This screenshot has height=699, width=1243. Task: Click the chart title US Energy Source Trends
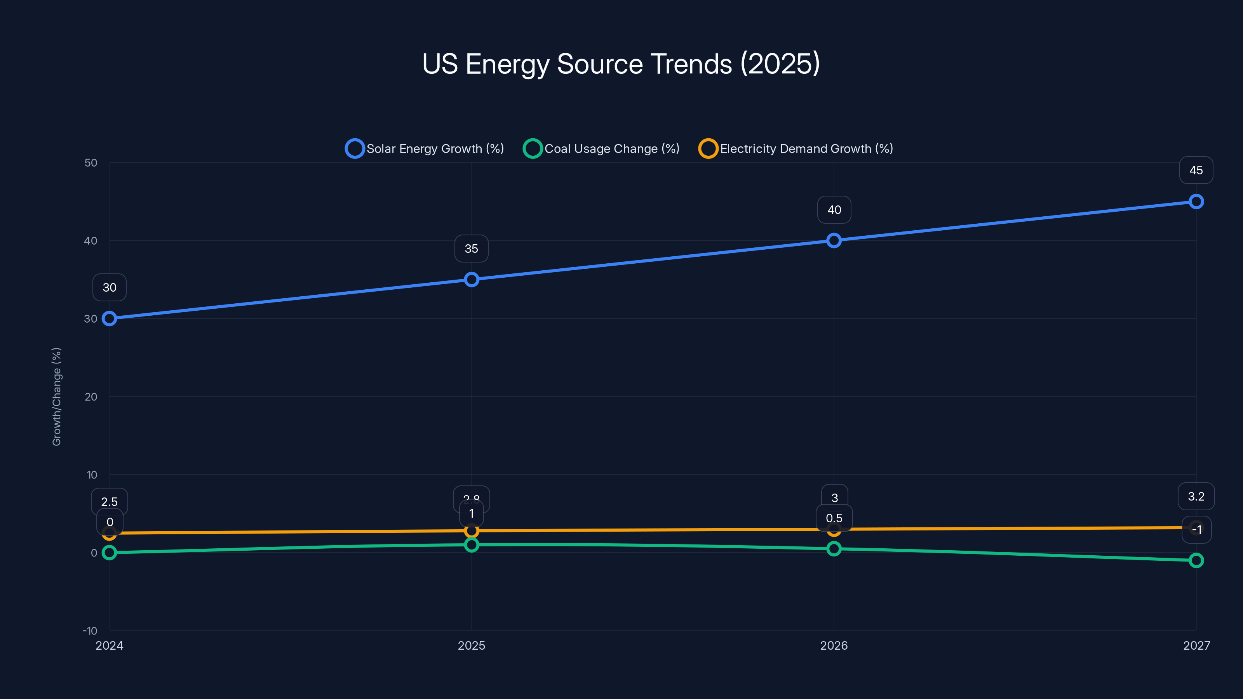pos(621,64)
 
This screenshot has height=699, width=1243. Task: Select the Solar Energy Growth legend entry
pos(425,149)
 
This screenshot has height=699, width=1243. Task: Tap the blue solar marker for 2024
pos(110,318)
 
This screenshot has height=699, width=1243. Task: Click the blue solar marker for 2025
pos(472,279)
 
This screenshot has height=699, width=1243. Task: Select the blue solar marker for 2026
pos(834,240)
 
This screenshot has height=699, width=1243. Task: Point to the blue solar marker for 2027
pos(1196,202)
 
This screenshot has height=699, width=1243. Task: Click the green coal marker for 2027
pos(1196,560)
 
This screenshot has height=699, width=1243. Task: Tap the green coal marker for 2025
pos(472,544)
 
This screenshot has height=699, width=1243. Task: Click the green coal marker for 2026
pos(834,548)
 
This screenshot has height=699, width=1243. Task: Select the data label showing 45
pos(1196,170)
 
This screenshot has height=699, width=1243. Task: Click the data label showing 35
pos(472,249)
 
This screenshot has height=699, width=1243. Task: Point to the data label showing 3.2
pos(1196,496)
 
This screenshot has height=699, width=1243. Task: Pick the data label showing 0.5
pos(834,518)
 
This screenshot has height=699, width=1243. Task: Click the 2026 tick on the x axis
pos(834,645)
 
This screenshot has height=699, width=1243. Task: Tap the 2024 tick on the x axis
pos(110,645)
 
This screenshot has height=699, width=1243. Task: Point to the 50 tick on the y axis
pos(91,163)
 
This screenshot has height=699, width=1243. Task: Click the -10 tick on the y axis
pos(90,631)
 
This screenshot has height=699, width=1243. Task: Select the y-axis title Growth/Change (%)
pos(56,396)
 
